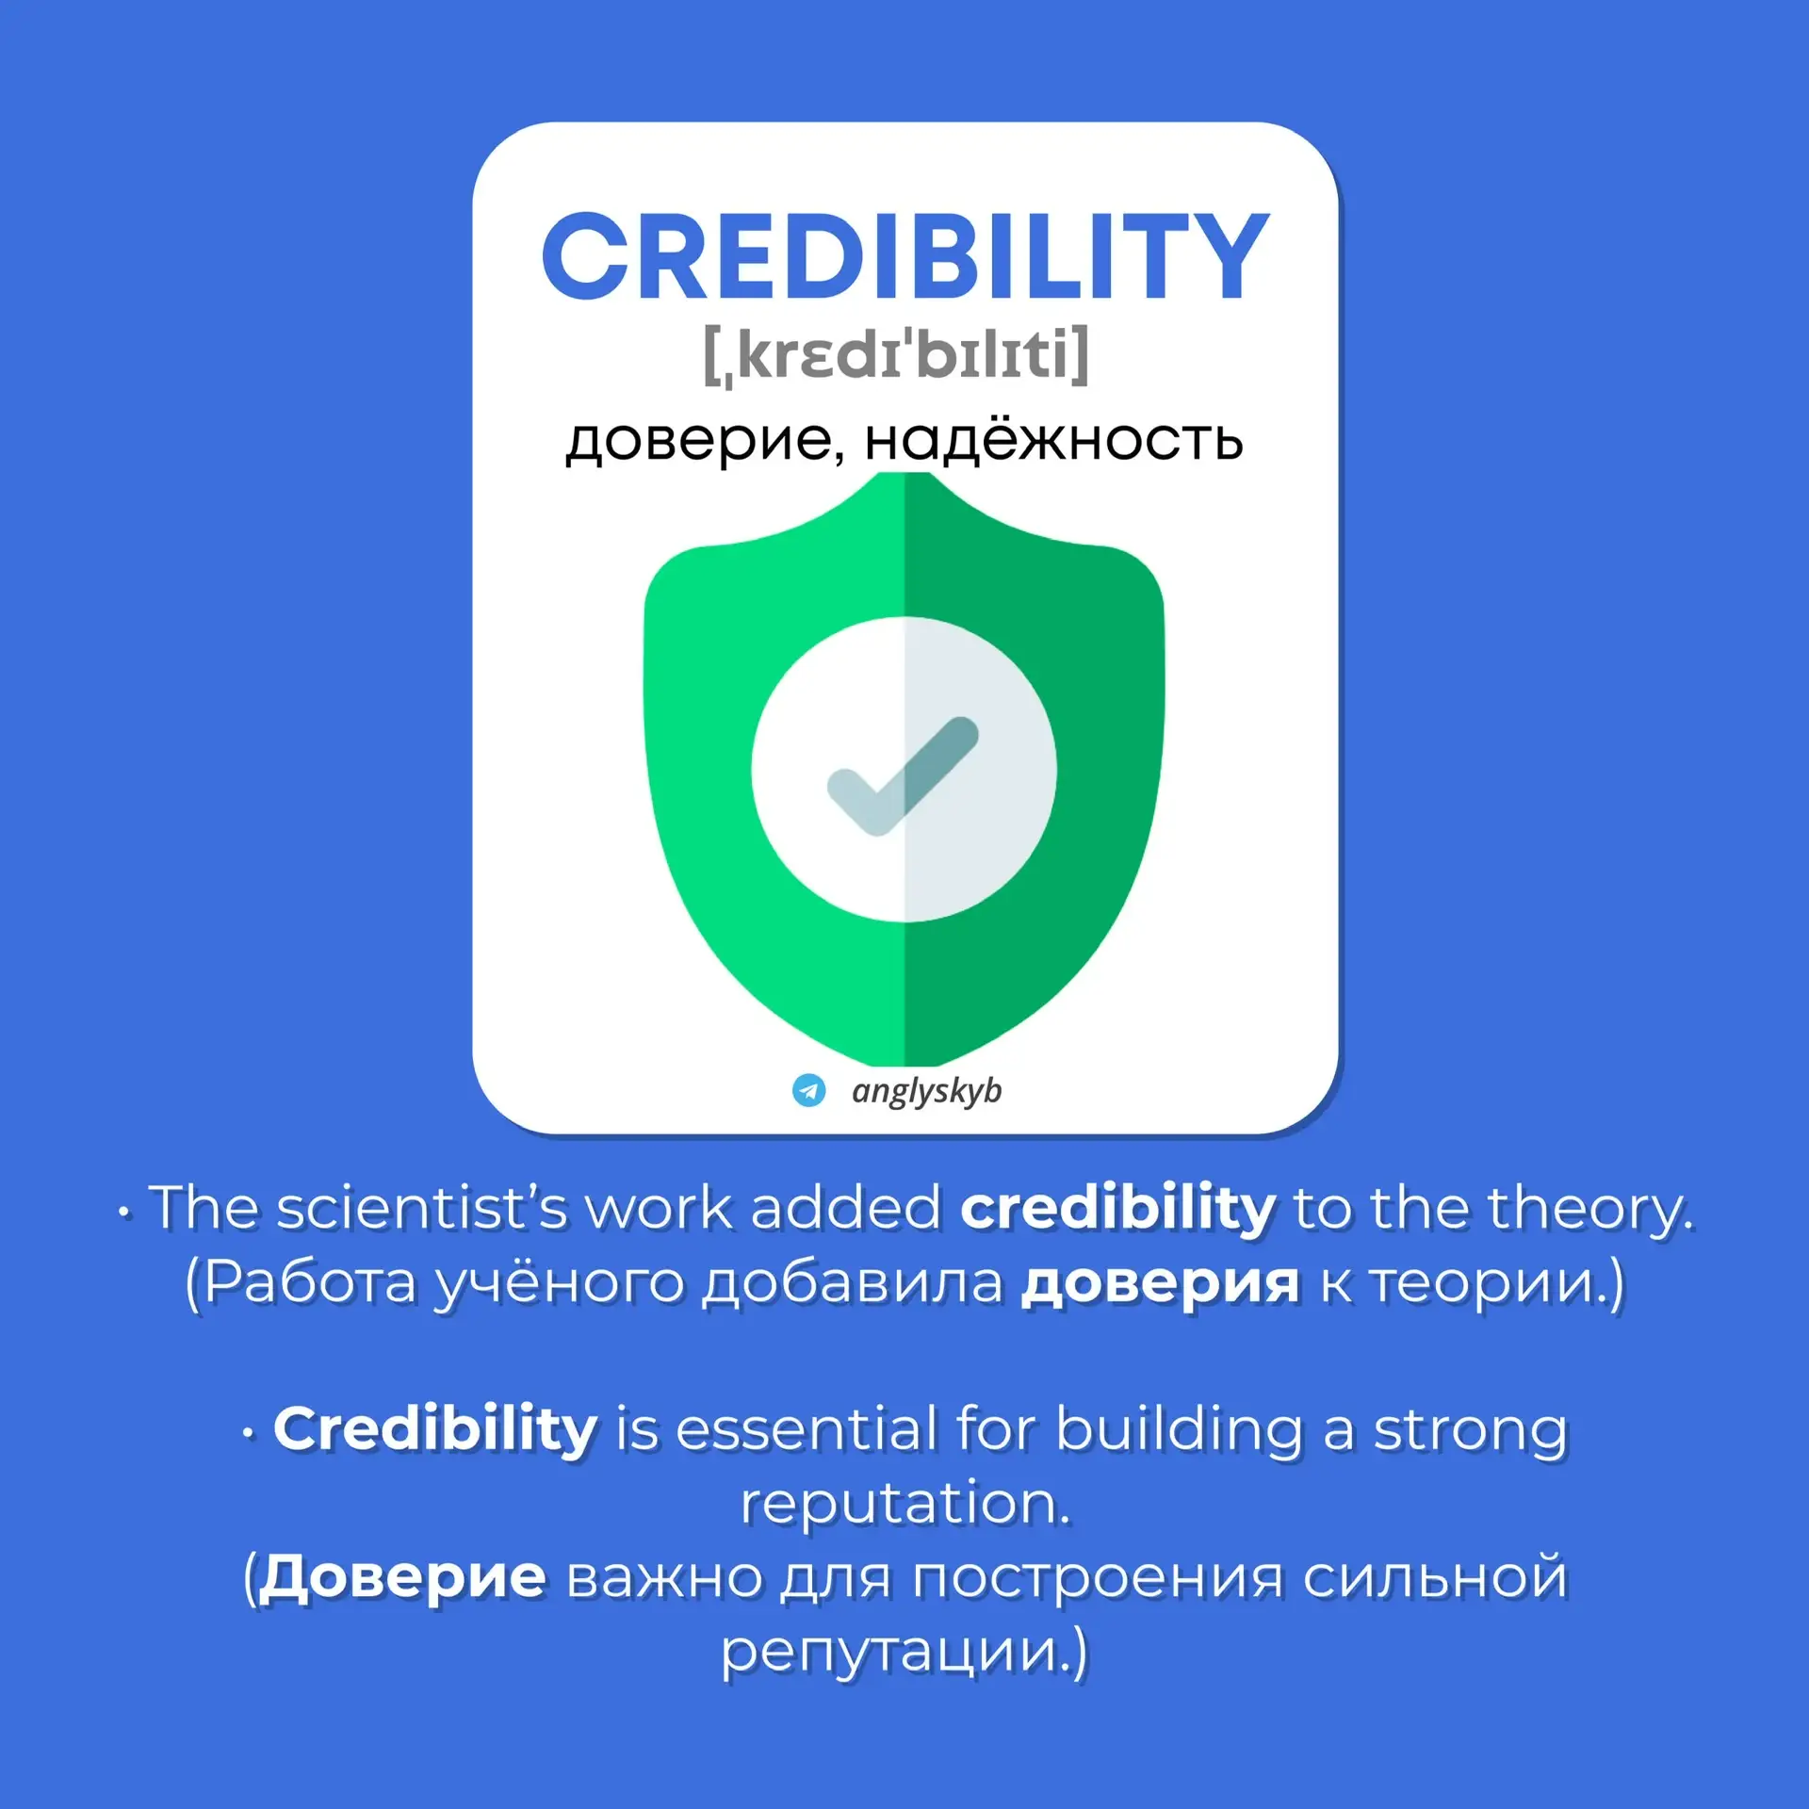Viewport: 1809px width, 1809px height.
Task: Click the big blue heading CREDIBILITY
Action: [904, 255]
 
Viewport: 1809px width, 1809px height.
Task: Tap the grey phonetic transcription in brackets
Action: [896, 355]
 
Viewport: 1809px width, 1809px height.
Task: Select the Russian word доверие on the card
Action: [697, 440]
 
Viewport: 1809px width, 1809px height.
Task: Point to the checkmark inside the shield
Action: [903, 775]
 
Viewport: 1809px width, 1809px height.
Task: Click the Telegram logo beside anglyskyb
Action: [808, 1090]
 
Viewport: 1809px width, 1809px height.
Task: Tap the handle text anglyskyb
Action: [927, 1091]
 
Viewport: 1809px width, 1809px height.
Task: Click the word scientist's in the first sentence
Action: [422, 1207]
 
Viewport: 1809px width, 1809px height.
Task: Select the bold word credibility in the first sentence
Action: [1117, 1209]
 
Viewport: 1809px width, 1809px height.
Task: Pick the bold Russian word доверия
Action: [1160, 1284]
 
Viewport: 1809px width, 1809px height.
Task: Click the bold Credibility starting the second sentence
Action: [435, 1429]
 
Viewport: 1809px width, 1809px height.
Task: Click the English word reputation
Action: [905, 1504]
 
